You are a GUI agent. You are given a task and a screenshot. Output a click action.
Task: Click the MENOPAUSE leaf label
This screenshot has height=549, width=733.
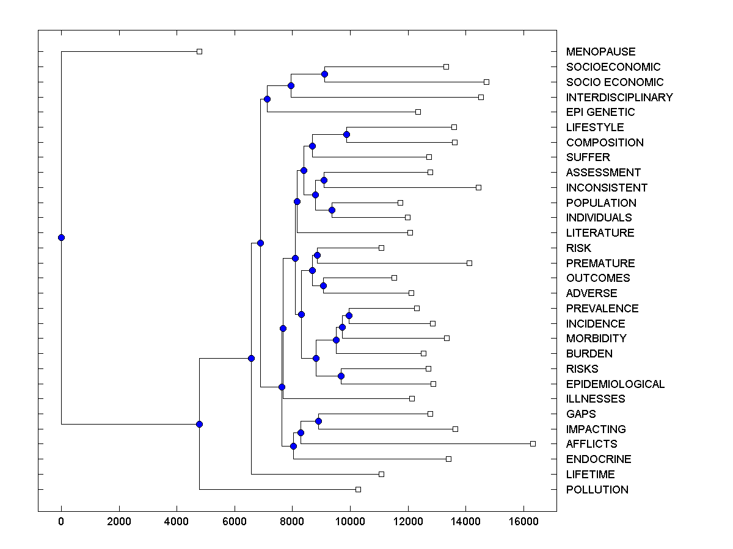pyautogui.click(x=600, y=52)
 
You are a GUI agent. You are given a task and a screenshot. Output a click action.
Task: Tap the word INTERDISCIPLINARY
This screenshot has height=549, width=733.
pyautogui.click(x=619, y=98)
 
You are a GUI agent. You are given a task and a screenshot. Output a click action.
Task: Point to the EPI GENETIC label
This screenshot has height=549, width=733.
pyautogui.click(x=600, y=112)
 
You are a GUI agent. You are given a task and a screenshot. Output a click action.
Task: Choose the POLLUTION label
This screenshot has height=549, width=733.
pyautogui.click(x=597, y=490)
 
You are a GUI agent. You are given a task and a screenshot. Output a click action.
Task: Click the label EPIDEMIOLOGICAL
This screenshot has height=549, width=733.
pyautogui.click(x=615, y=384)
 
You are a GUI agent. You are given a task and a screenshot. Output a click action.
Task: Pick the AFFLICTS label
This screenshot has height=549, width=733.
pyautogui.click(x=591, y=444)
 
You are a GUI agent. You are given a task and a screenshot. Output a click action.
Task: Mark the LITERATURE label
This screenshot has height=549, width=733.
pyautogui.click(x=600, y=233)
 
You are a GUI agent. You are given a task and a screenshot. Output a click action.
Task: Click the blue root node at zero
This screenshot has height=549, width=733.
pyautogui.click(x=61, y=237)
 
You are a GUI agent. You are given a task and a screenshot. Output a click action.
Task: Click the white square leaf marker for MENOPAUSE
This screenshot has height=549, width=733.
pyautogui.click(x=199, y=51)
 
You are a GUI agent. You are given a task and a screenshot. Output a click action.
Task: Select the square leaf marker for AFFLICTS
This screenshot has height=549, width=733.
pyautogui.click(x=533, y=443)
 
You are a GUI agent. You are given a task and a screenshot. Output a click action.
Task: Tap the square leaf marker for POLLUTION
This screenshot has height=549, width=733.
pyautogui.click(x=359, y=489)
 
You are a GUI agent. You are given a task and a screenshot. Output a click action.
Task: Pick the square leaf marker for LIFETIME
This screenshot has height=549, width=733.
pyautogui.click(x=381, y=474)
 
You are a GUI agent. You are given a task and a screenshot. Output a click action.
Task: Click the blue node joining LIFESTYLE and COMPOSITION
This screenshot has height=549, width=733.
pyautogui.click(x=346, y=134)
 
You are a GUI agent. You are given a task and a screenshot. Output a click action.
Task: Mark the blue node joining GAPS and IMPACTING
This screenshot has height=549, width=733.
pyautogui.click(x=318, y=421)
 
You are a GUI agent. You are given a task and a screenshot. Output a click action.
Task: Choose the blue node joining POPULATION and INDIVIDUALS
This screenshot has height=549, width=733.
pyautogui.click(x=332, y=210)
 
